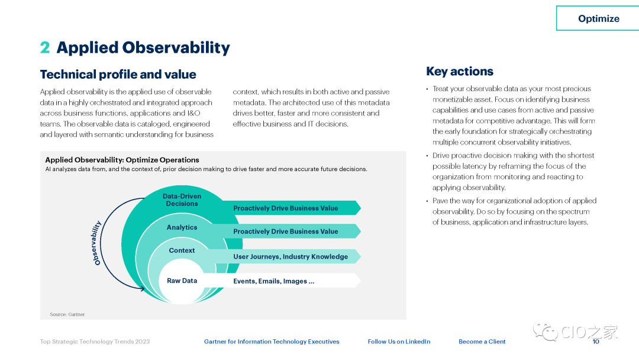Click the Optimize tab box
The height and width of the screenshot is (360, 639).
point(598,18)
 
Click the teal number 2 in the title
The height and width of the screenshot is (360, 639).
point(45,47)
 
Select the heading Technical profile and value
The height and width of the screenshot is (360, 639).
point(118,74)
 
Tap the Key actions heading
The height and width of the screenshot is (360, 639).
point(460,71)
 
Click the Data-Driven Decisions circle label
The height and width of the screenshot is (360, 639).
point(182,200)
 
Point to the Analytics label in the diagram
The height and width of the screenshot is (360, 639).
point(182,227)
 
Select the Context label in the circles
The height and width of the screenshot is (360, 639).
point(182,250)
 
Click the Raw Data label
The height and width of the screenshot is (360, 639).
point(182,281)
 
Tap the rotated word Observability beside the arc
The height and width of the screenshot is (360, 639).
point(96,243)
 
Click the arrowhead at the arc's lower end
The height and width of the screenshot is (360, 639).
point(142,289)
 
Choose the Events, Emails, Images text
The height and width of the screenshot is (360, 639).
point(273,281)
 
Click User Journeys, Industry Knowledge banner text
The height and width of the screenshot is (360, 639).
point(291,256)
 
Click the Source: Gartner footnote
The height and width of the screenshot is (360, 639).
point(67,314)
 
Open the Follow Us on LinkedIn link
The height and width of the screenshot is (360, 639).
point(399,342)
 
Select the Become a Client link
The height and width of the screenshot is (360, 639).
point(482,342)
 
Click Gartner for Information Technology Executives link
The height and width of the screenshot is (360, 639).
point(272,342)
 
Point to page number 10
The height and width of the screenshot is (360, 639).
point(596,342)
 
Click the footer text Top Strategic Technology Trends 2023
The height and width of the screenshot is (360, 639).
point(95,342)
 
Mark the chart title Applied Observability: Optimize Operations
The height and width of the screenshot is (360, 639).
point(122,160)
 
